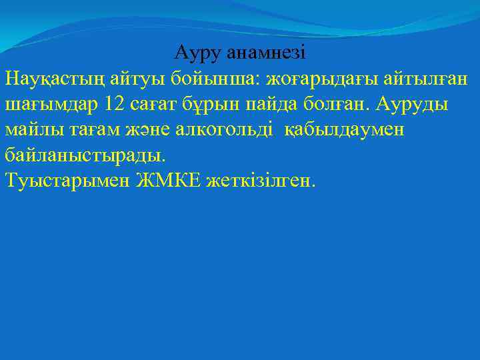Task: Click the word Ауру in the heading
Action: [x=197, y=52]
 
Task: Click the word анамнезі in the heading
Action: [x=266, y=52]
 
